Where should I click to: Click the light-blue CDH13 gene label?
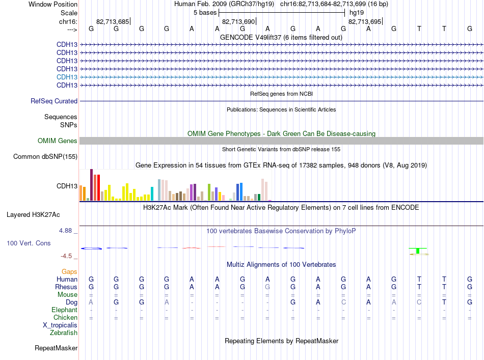click(x=67, y=77)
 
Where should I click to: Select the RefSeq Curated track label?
click(x=54, y=101)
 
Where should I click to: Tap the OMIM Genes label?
click(x=58, y=141)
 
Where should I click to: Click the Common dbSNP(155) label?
click(x=45, y=157)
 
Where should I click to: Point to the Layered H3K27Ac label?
click(x=33, y=215)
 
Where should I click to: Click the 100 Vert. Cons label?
click(x=29, y=243)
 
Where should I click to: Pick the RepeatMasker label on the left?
click(x=56, y=348)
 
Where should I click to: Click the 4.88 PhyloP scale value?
click(x=65, y=231)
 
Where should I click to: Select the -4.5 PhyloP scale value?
click(x=66, y=256)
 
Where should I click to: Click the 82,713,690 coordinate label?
click(x=238, y=21)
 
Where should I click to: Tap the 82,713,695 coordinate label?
click(x=365, y=21)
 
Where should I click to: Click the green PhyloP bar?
click(x=418, y=251)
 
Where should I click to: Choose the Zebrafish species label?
click(x=64, y=333)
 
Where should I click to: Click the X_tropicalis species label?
click(x=60, y=325)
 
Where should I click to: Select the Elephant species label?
click(x=64, y=310)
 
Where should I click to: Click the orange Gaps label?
click(x=69, y=271)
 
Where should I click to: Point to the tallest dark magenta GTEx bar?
click(x=91, y=185)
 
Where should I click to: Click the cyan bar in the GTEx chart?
click(x=152, y=193)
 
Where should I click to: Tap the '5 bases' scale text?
click(x=205, y=13)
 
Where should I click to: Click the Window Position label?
click(x=53, y=4)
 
